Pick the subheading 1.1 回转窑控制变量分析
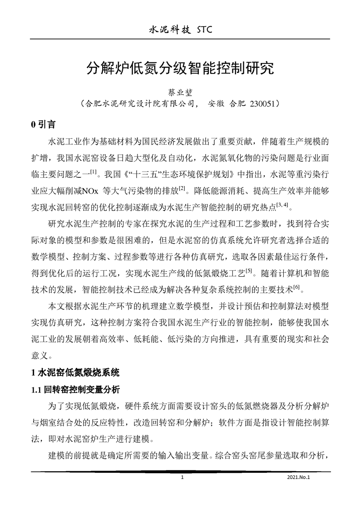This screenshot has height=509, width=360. [x=75, y=389]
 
